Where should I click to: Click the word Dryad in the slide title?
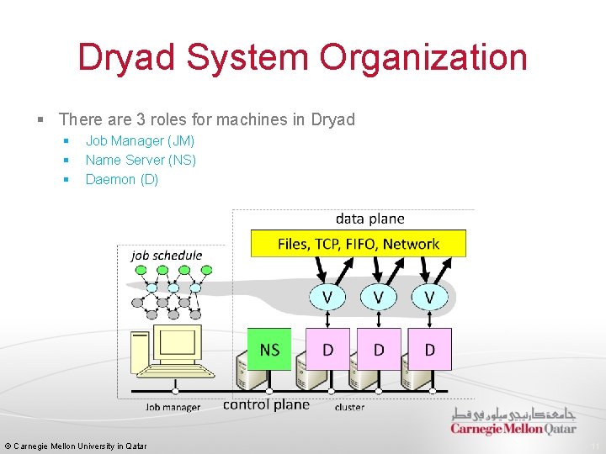click(x=126, y=58)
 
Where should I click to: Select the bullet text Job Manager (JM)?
click(x=140, y=140)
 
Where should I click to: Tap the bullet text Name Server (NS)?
click(x=141, y=160)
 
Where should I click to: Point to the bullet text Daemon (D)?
click(x=121, y=179)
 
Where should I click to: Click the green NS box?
click(x=269, y=349)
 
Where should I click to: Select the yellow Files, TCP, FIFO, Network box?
click(x=359, y=244)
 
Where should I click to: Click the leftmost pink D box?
click(x=327, y=349)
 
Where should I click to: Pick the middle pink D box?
click(x=379, y=349)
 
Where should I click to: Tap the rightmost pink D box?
click(x=430, y=349)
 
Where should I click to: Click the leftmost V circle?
click(x=327, y=297)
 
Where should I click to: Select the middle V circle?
click(x=378, y=297)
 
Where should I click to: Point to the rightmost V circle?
click(x=429, y=297)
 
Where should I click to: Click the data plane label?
click(x=369, y=219)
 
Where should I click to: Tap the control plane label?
click(x=266, y=404)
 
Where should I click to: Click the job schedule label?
click(x=167, y=255)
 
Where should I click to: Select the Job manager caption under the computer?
click(x=173, y=408)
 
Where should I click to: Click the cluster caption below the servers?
click(x=349, y=408)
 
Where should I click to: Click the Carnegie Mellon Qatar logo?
click(x=513, y=422)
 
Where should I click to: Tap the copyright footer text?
click(x=76, y=446)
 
